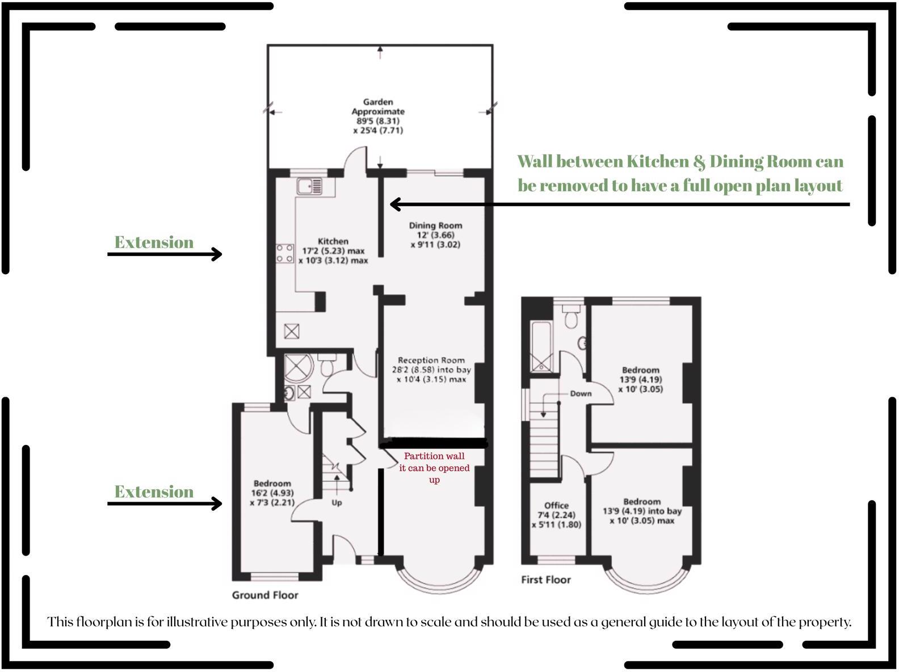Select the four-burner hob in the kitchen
(x=285, y=253)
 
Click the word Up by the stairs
(x=337, y=503)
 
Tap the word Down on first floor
(x=581, y=393)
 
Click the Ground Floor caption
(x=265, y=595)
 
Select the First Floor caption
(x=546, y=579)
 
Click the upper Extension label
(x=154, y=242)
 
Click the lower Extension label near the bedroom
(x=154, y=492)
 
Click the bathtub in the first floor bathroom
(x=541, y=346)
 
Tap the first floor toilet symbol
(x=571, y=318)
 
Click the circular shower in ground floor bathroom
(x=299, y=368)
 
